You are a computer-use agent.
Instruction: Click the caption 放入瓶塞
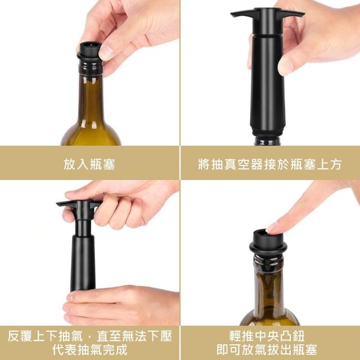click(89, 164)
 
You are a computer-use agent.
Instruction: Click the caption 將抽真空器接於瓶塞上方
click(270, 164)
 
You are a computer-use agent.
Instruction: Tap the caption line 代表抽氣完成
click(89, 350)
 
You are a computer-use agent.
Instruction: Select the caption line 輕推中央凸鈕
click(267, 336)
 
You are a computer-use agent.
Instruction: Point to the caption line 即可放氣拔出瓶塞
click(267, 350)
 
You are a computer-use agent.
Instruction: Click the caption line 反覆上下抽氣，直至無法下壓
click(89, 336)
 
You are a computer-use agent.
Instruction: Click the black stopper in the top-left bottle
click(90, 52)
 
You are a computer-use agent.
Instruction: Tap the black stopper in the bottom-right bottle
click(268, 242)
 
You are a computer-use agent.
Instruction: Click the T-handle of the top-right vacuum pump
click(268, 13)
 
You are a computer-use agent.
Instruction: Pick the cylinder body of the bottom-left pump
click(83, 263)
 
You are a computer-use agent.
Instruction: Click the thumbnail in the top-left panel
click(106, 52)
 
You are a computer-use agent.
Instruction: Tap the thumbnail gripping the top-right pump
click(285, 65)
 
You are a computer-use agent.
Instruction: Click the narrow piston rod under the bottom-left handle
click(83, 227)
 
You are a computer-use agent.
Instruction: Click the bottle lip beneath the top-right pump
click(267, 141)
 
